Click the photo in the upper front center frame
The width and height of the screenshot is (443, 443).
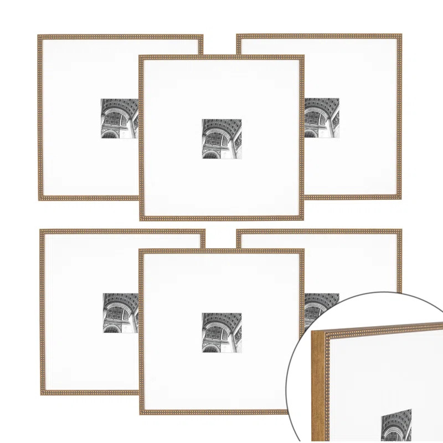[221, 139]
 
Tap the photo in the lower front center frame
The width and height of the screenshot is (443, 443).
[221, 332]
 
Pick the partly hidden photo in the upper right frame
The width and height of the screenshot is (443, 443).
[322, 118]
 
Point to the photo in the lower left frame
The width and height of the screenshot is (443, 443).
[120, 313]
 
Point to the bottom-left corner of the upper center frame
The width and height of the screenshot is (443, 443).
[140, 219]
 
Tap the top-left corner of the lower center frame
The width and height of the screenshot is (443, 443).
[140, 250]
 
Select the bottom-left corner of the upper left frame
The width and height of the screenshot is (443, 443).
[39, 199]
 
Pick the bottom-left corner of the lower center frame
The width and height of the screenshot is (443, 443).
[140, 413]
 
